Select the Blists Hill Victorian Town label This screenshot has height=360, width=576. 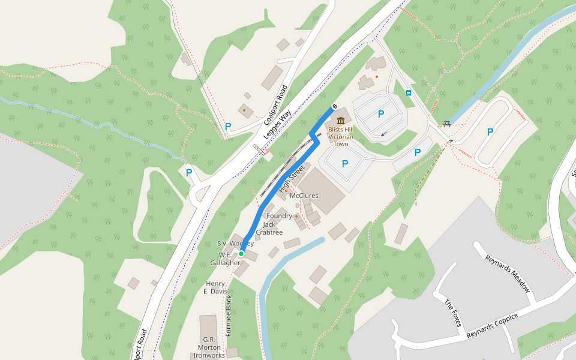coord(341,136)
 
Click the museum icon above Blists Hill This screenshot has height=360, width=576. coord(341,120)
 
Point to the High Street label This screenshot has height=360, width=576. coord(292,179)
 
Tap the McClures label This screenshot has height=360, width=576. coord(304,196)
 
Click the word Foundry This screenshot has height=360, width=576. coord(279,216)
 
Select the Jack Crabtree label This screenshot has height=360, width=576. coord(269,229)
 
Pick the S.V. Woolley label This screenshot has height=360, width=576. coord(235,244)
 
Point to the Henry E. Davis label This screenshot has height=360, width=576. coord(216,287)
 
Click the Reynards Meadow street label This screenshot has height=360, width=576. coord(508,273)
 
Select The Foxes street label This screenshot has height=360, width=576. coord(452,313)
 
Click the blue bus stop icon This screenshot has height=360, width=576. coord(409,93)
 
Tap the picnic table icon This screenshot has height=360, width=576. coord(447,124)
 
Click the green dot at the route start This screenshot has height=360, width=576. coord(241,254)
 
